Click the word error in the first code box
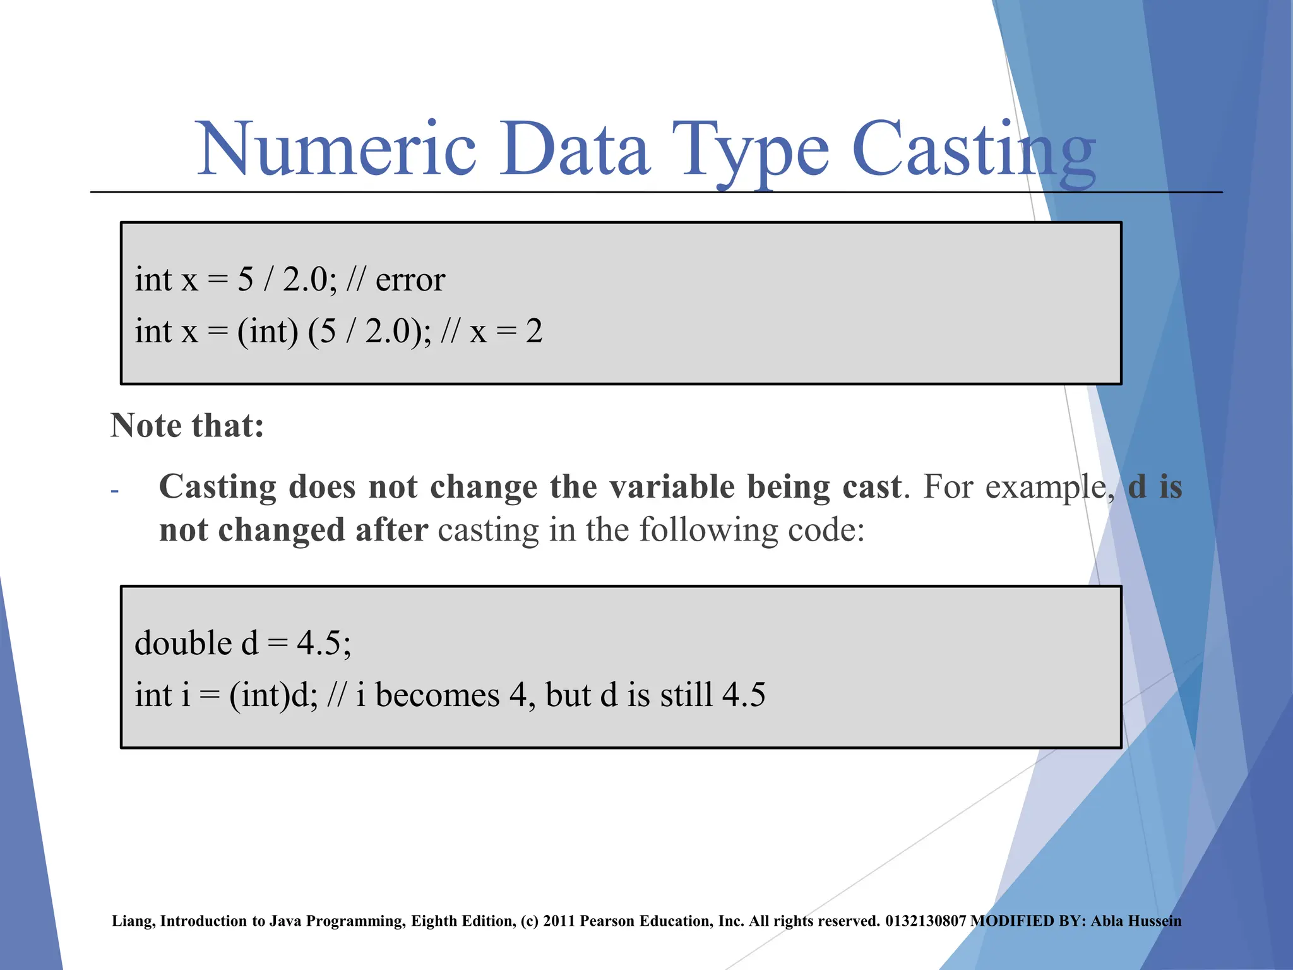[410, 280]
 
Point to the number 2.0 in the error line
[305, 280]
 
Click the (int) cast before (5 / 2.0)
[267, 332]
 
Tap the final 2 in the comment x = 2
[534, 332]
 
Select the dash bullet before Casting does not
[114, 491]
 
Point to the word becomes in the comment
[437, 695]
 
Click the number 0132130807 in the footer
[926, 921]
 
